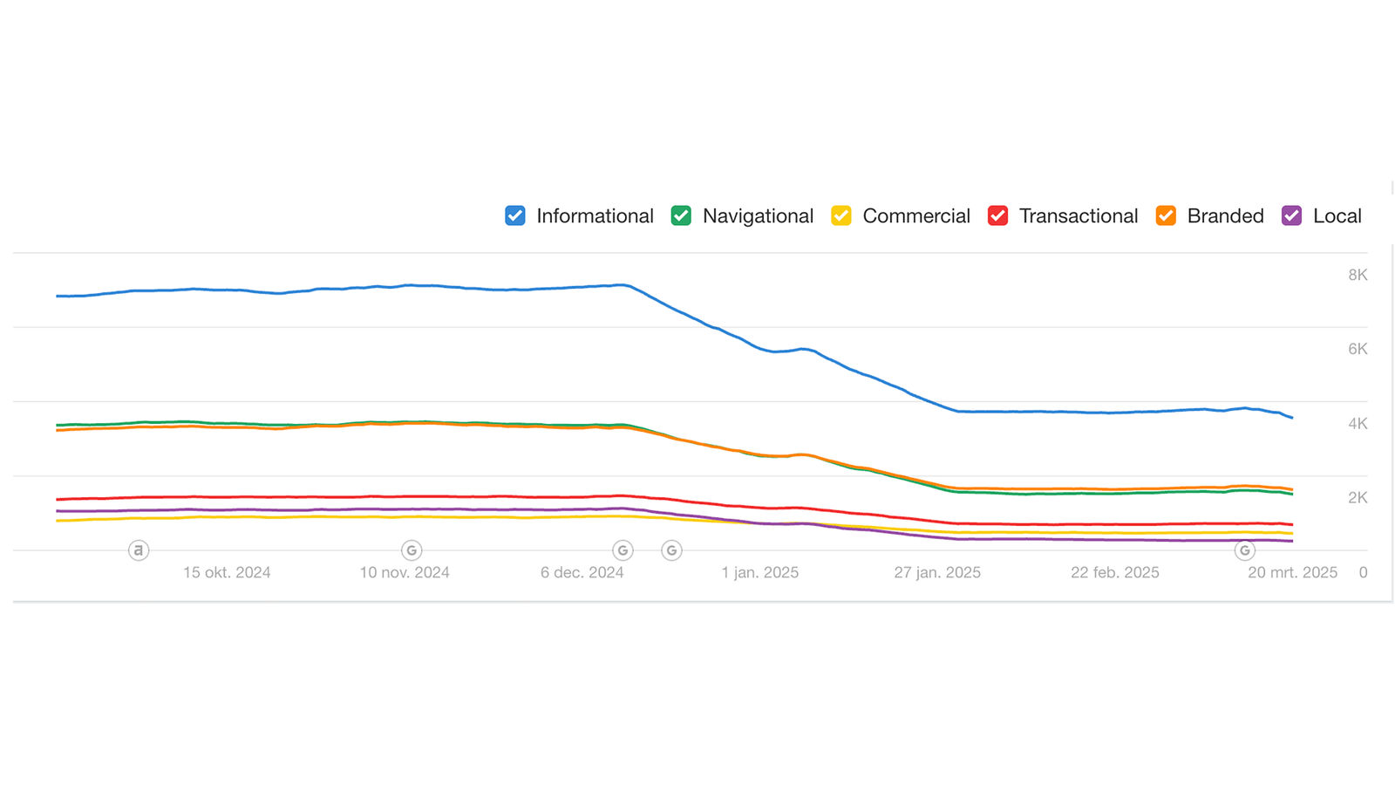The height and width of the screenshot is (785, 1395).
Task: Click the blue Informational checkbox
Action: point(515,215)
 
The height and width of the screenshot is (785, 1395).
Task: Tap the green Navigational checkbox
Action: point(681,215)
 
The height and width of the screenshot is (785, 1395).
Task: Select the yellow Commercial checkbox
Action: point(841,215)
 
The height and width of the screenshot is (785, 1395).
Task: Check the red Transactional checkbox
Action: point(998,215)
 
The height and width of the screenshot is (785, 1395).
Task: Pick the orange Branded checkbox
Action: point(1166,215)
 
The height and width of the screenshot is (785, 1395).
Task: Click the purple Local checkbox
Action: point(1292,215)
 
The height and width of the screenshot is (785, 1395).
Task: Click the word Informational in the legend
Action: point(595,215)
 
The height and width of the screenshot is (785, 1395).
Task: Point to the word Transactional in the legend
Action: point(1079,215)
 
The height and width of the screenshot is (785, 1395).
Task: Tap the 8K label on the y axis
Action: point(1358,275)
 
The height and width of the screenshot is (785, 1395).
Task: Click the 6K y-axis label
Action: point(1358,349)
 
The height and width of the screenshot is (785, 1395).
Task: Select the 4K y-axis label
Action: point(1358,424)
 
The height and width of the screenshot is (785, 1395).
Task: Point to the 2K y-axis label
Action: point(1358,498)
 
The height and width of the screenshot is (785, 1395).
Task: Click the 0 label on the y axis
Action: point(1363,572)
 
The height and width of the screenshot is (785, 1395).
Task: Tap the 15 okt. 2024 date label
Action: point(227,572)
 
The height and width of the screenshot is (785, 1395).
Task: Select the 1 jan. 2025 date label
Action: point(759,572)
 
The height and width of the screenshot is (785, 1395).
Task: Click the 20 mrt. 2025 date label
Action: point(1292,572)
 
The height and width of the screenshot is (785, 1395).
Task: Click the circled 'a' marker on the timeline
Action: point(139,550)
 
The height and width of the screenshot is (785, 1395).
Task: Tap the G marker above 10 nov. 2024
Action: point(412,550)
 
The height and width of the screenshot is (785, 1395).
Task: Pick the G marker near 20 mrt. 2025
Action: point(1245,550)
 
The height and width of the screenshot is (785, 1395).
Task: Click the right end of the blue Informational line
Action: point(1291,417)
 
